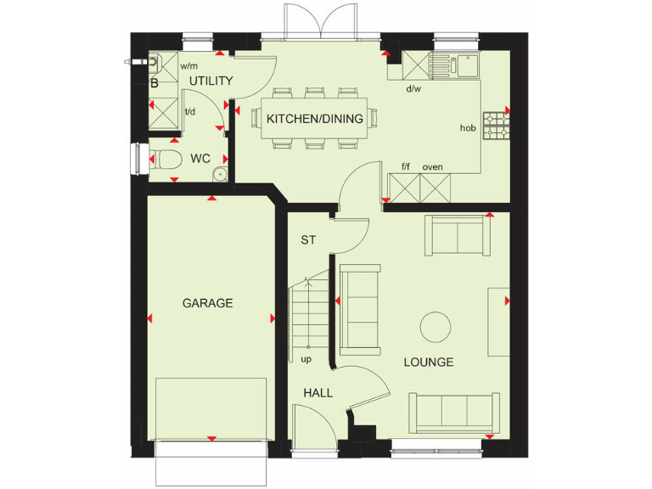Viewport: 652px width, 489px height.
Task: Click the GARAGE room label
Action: pos(207,303)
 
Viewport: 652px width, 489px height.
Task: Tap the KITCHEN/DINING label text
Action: pos(315,119)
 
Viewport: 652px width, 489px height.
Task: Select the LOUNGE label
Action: pos(428,363)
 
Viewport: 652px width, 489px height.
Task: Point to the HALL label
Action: pos(318,393)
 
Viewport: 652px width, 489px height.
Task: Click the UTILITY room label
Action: pos(211,81)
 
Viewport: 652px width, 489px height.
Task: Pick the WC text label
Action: pos(200,159)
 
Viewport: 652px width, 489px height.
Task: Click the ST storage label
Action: pos(308,240)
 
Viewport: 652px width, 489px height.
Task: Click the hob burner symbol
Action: pos(495,126)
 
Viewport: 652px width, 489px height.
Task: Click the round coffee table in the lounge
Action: pos(436,326)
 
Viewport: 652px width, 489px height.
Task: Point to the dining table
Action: pos(315,119)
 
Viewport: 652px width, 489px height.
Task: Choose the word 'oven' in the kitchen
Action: pos(433,167)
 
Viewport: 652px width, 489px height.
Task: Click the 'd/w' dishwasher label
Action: pos(413,88)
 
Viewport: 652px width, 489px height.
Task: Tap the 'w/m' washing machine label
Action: pos(188,66)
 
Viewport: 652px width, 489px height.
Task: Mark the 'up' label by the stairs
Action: pos(306,359)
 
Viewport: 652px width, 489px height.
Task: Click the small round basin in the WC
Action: pos(219,175)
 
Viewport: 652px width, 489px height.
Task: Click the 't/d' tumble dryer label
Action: pos(190,110)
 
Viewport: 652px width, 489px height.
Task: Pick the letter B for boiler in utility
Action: pos(155,83)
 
